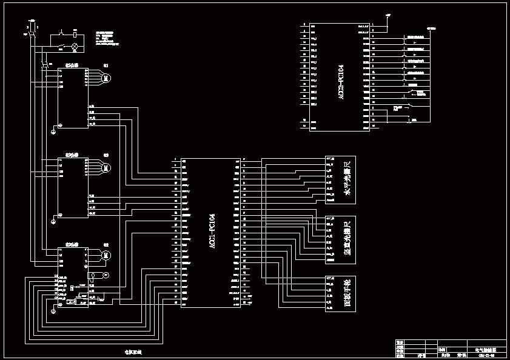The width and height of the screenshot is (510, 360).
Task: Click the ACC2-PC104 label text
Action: [x=341, y=81]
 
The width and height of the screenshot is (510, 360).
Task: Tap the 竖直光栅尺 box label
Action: [x=347, y=239]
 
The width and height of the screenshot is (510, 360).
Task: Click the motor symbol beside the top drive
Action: [x=105, y=77]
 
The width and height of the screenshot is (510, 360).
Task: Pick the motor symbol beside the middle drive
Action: [x=105, y=167]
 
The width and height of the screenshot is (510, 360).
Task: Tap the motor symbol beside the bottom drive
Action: [x=105, y=255]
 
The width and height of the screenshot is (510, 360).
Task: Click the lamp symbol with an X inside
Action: [x=74, y=46]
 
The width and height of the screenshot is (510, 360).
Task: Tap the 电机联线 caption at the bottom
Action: [x=133, y=352]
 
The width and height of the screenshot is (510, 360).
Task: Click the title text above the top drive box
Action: [x=71, y=65]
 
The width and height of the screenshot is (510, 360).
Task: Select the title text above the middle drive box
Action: [x=71, y=155]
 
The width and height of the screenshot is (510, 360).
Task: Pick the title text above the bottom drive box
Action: [x=71, y=244]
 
